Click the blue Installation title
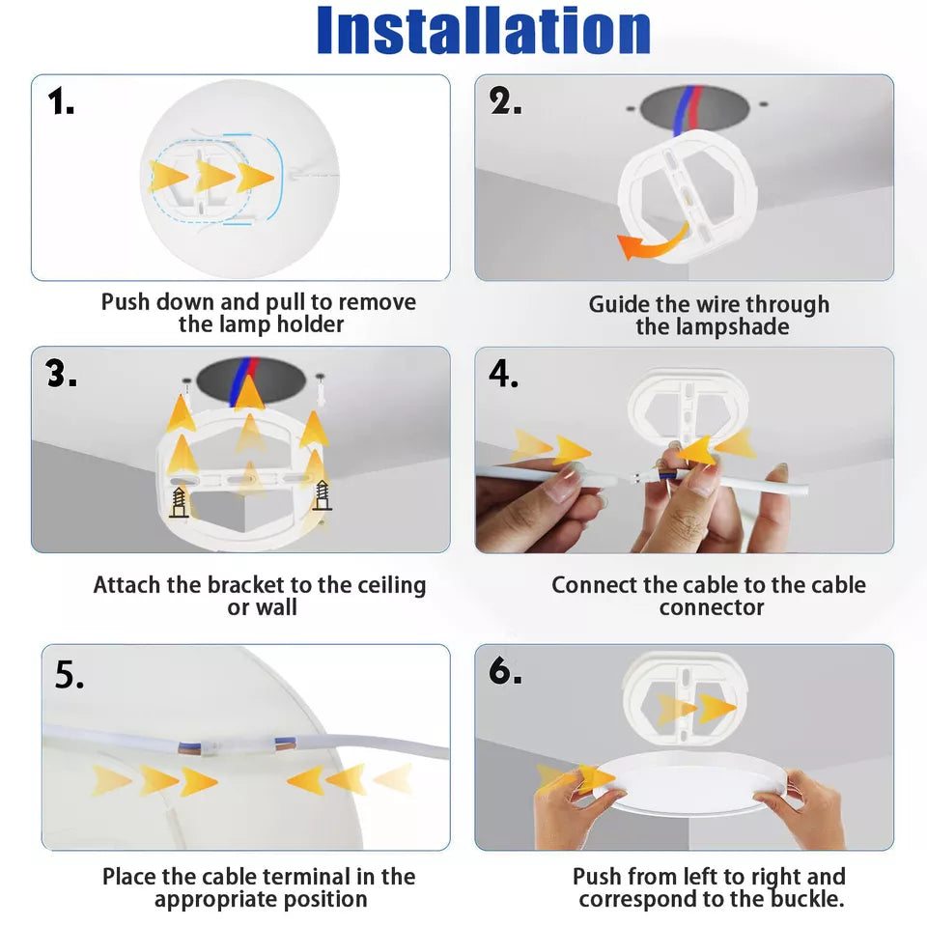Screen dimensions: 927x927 484,30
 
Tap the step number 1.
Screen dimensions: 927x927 61,101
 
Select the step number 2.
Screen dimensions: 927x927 505,100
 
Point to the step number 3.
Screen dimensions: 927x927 62,374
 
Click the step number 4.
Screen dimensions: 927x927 504,374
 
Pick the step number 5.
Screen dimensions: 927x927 70,675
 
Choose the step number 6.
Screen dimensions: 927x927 505,670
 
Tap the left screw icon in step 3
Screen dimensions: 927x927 180,503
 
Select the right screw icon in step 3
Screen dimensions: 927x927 323,495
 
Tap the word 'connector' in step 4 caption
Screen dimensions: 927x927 712,607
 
